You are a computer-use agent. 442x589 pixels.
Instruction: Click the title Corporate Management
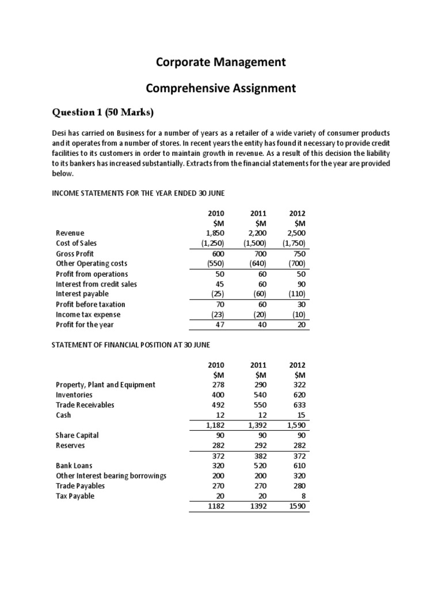[220, 62]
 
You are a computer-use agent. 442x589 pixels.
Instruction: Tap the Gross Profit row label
[75, 254]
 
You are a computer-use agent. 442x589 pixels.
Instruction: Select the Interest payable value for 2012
[296, 294]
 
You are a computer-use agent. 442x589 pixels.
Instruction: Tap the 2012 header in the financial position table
[298, 365]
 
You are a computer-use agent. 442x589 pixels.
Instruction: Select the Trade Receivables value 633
[299, 405]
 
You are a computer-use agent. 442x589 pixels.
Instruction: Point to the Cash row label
[63, 415]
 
